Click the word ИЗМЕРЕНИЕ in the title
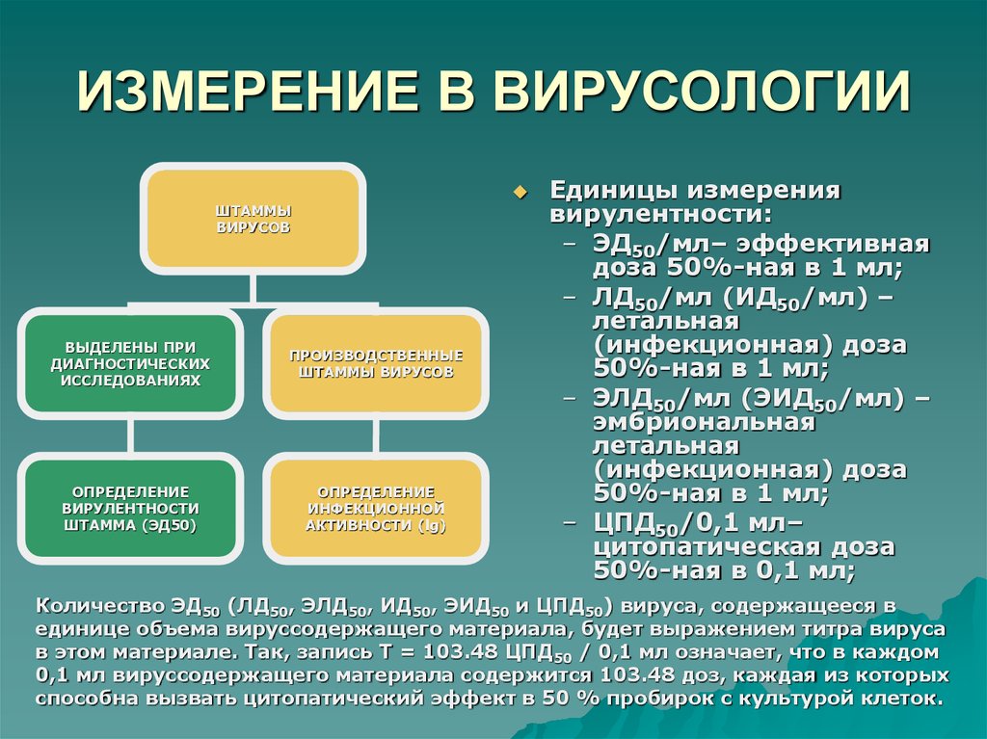pos(242,94)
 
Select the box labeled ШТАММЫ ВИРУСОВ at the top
pos(253,219)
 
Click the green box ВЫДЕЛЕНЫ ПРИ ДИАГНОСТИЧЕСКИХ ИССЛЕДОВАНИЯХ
pos(130,362)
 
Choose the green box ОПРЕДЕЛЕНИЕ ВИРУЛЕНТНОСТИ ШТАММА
pos(130,508)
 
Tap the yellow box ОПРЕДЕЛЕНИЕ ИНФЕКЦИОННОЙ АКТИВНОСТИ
pos(376,508)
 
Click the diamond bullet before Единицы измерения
pos(521,192)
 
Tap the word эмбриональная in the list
pos(704,422)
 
